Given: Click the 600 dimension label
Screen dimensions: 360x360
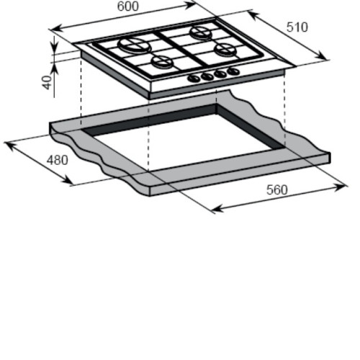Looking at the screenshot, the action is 128,6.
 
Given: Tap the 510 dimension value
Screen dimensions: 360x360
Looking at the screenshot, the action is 297,27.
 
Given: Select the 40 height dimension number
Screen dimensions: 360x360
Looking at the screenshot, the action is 48,82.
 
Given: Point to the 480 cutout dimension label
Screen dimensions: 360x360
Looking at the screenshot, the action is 57,160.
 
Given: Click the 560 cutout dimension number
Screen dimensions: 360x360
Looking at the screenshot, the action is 277,190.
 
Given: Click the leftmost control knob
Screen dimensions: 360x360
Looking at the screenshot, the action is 194,78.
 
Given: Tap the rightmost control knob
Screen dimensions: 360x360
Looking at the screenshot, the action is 233,71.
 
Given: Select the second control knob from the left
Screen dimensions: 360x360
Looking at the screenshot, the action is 207,76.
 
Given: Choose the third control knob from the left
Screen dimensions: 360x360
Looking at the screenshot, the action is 220,73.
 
